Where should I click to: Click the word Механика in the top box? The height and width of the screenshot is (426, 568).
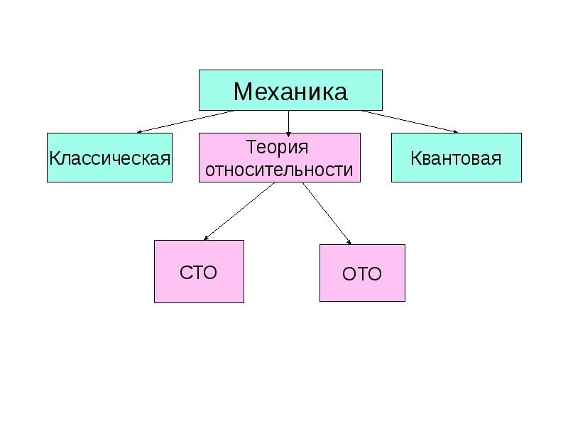[x=290, y=92]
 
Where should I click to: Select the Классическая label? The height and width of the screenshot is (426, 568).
[x=110, y=158]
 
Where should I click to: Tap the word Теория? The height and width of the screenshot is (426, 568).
[x=277, y=147]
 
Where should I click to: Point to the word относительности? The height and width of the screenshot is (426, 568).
[x=279, y=170]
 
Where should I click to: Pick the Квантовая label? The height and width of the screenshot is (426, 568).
[x=456, y=158]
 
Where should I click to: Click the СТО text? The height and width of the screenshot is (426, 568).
[x=198, y=273]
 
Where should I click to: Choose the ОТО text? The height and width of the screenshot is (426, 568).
[x=362, y=274]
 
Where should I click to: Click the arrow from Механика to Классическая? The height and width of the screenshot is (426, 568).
[x=185, y=121]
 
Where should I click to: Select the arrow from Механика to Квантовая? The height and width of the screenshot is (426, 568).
[x=410, y=121]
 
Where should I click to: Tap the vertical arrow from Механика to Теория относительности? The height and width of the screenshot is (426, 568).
[x=288, y=124]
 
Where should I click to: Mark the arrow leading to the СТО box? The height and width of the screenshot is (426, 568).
[x=239, y=211]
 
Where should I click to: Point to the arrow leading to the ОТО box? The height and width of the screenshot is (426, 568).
[x=327, y=214]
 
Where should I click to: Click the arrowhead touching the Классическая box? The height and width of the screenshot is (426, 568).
[x=138, y=132]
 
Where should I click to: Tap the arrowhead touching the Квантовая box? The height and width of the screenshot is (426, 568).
[x=457, y=132]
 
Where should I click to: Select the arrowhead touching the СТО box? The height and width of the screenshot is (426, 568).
[x=206, y=238]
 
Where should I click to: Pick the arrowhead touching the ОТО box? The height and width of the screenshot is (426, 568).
[x=349, y=242]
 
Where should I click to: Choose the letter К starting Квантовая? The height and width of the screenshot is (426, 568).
[x=415, y=158]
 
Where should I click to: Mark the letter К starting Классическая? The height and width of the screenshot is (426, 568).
[x=55, y=158]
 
